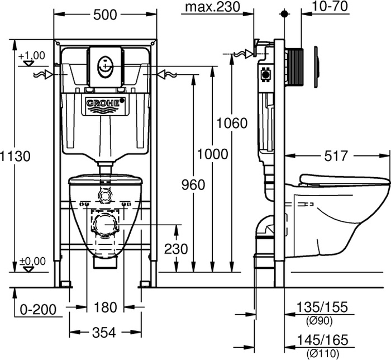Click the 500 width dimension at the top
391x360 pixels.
(105, 15)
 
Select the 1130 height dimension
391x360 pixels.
(15, 156)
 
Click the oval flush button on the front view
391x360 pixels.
(105, 66)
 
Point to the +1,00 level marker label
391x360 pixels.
(32, 55)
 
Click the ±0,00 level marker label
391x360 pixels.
(32, 261)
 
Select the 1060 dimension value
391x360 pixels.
(232, 123)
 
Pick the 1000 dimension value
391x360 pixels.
(212, 154)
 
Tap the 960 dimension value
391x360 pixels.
(193, 185)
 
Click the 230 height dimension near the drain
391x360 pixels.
(176, 249)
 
